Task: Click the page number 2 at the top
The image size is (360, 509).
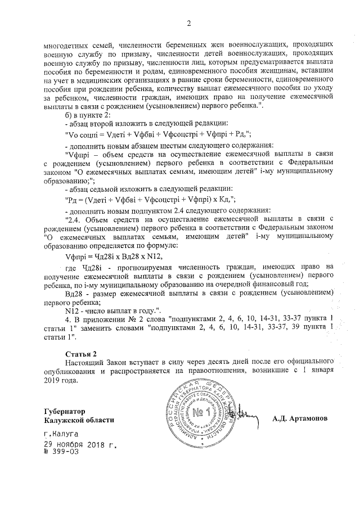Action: (189, 23)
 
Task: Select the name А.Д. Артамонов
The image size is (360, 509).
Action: (299, 419)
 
